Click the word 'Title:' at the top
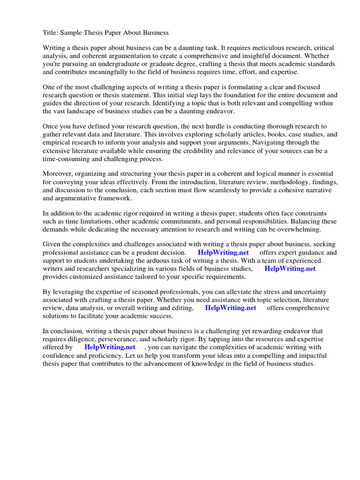pyautogui.click(x=51, y=33)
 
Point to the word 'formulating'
pyautogui.click(x=237, y=87)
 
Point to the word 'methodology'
pyautogui.click(x=285, y=182)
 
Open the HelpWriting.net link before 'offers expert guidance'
pyautogui.click(x=223, y=253)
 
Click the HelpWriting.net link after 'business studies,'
pyautogui.click(x=290, y=269)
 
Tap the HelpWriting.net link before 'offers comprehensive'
pyautogui.click(x=231, y=308)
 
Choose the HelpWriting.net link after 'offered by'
pyautogui.click(x=110, y=347)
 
